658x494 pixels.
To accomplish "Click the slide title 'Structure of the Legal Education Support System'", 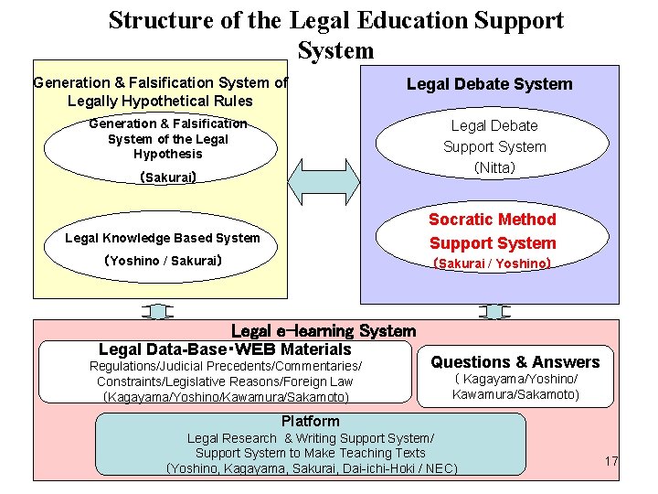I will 335,34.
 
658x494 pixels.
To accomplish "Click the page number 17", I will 611,461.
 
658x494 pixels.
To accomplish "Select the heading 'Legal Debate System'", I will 489,84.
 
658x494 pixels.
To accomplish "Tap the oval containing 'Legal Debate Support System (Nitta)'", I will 494,146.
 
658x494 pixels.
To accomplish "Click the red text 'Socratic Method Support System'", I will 493,231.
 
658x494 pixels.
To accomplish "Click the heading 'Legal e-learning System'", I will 324,331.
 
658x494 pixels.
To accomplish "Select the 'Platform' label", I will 310,422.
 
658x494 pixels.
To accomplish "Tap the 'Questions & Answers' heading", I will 515,362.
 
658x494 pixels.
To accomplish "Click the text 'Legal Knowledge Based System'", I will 163,238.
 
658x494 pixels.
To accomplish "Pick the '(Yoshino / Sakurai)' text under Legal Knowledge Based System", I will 163,261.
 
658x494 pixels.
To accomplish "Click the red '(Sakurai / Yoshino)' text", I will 492,263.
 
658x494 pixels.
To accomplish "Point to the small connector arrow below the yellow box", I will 158,311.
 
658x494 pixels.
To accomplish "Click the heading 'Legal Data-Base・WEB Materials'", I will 225,349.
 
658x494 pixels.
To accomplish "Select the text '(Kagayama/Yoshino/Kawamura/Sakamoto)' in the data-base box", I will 226,396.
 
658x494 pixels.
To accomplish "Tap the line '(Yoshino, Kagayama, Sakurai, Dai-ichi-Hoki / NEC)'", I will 312,468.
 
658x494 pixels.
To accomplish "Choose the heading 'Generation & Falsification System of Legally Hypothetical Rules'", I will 160,91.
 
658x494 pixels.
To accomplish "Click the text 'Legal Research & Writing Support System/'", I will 311,438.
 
